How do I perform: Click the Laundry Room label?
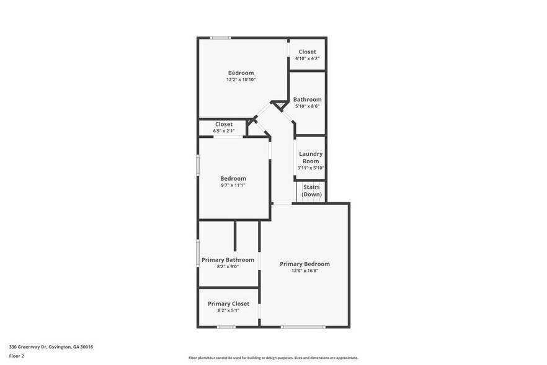tap(311, 157)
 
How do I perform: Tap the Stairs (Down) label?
tap(311, 191)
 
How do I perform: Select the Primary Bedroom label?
tap(305, 264)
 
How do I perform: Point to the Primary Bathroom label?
tap(228, 259)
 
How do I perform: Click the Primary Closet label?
tap(228, 304)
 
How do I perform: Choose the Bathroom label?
tap(307, 99)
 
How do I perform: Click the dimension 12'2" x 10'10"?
tap(241, 79)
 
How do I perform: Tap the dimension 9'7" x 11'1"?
tap(233, 185)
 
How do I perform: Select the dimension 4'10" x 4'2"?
tap(307, 58)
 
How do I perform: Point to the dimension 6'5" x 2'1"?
tap(224, 131)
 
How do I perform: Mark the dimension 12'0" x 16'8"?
tap(305, 271)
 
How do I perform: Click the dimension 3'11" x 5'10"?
tap(311, 168)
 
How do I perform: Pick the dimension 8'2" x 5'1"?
tap(228, 310)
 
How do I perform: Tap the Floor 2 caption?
tap(16, 356)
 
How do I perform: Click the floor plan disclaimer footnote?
tap(273, 358)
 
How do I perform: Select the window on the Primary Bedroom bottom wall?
tap(303, 327)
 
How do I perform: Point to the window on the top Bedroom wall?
tap(220, 38)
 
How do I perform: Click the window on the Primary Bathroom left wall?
tap(198, 253)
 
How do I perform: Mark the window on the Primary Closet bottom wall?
tap(226, 327)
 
